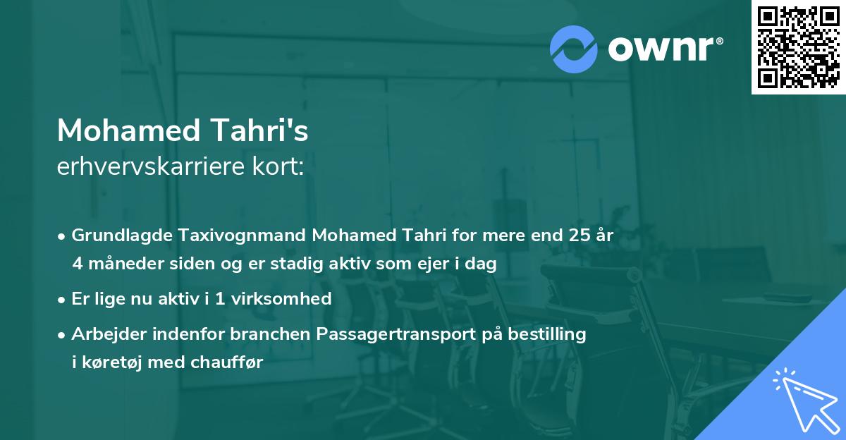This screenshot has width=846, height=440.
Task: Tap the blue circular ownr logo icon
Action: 574,49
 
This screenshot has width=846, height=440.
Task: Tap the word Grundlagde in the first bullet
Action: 116,236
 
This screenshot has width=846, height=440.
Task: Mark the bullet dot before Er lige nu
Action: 62,300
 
